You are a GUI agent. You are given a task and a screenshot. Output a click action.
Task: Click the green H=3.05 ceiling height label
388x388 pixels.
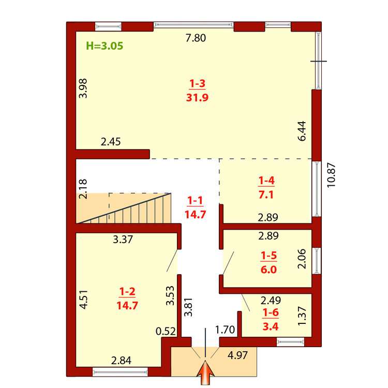(x=105, y=46)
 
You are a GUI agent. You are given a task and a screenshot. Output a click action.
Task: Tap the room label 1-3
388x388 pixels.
(x=197, y=84)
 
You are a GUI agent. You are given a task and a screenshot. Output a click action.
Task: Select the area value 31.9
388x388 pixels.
(x=197, y=97)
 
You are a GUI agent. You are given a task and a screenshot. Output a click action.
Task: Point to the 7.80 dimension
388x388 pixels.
(x=196, y=38)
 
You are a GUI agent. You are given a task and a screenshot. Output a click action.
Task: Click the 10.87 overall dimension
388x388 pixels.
(x=331, y=175)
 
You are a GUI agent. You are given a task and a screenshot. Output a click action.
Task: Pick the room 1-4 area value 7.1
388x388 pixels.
(x=266, y=195)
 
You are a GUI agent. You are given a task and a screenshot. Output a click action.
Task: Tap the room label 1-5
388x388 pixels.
(x=268, y=256)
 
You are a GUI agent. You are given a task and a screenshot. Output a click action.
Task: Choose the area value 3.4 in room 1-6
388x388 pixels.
(x=271, y=326)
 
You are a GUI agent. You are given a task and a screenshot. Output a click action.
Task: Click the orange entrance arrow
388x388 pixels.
(x=205, y=372)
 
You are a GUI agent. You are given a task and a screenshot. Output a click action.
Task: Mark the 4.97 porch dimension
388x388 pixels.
(x=237, y=355)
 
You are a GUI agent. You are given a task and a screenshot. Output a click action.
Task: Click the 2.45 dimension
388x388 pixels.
(x=111, y=142)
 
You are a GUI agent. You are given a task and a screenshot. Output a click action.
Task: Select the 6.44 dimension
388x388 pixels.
(x=302, y=131)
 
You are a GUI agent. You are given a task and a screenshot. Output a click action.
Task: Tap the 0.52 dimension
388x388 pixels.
(x=166, y=331)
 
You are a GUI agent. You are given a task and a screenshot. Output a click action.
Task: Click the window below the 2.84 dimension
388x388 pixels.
(x=120, y=372)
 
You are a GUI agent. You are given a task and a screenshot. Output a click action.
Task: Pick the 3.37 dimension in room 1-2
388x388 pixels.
(x=123, y=240)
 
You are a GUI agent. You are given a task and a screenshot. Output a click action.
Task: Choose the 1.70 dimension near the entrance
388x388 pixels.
(x=225, y=330)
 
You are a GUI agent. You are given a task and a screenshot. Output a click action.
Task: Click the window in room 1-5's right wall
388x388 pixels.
(x=317, y=261)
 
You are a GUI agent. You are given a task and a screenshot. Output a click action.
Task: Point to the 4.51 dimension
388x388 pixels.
(x=84, y=300)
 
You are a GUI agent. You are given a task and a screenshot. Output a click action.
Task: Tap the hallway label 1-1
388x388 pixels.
(x=195, y=200)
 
